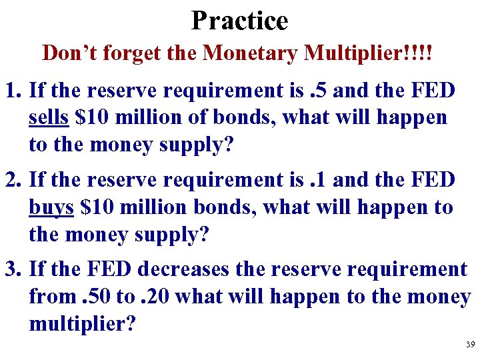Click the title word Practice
click(239, 20)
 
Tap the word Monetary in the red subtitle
click(251, 53)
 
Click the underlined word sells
click(49, 118)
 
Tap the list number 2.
click(12, 180)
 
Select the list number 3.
click(12, 269)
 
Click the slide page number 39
click(470, 345)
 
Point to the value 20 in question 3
click(157, 297)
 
